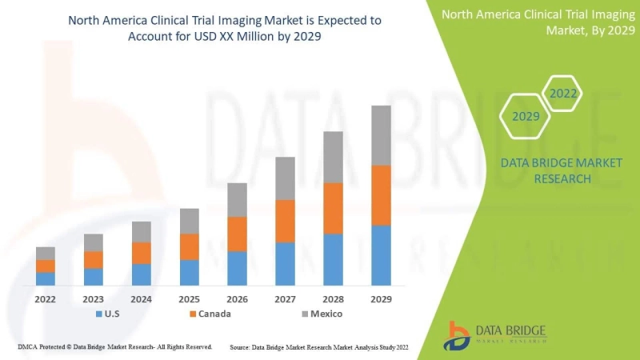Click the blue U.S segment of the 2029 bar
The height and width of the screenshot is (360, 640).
click(x=381, y=255)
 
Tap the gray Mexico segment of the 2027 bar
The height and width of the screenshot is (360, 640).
click(x=285, y=178)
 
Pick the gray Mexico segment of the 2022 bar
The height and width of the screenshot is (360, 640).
click(x=46, y=253)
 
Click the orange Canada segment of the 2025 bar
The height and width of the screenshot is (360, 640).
click(x=189, y=246)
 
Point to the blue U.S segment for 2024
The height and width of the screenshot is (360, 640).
click(x=142, y=274)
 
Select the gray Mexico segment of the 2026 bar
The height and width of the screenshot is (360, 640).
click(x=237, y=200)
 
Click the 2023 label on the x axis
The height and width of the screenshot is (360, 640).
click(x=94, y=299)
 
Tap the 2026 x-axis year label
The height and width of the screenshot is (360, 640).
click(x=237, y=299)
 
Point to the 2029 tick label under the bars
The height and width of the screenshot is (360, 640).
click(x=381, y=299)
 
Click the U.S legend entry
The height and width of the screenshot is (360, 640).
click(x=110, y=314)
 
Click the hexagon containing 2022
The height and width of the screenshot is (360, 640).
click(x=562, y=94)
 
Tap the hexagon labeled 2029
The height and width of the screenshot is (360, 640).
click(x=526, y=117)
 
